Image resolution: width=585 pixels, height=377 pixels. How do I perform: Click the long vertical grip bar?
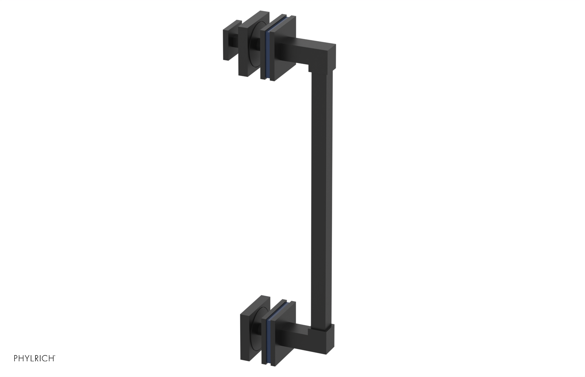pyautogui.click(x=322, y=197)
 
